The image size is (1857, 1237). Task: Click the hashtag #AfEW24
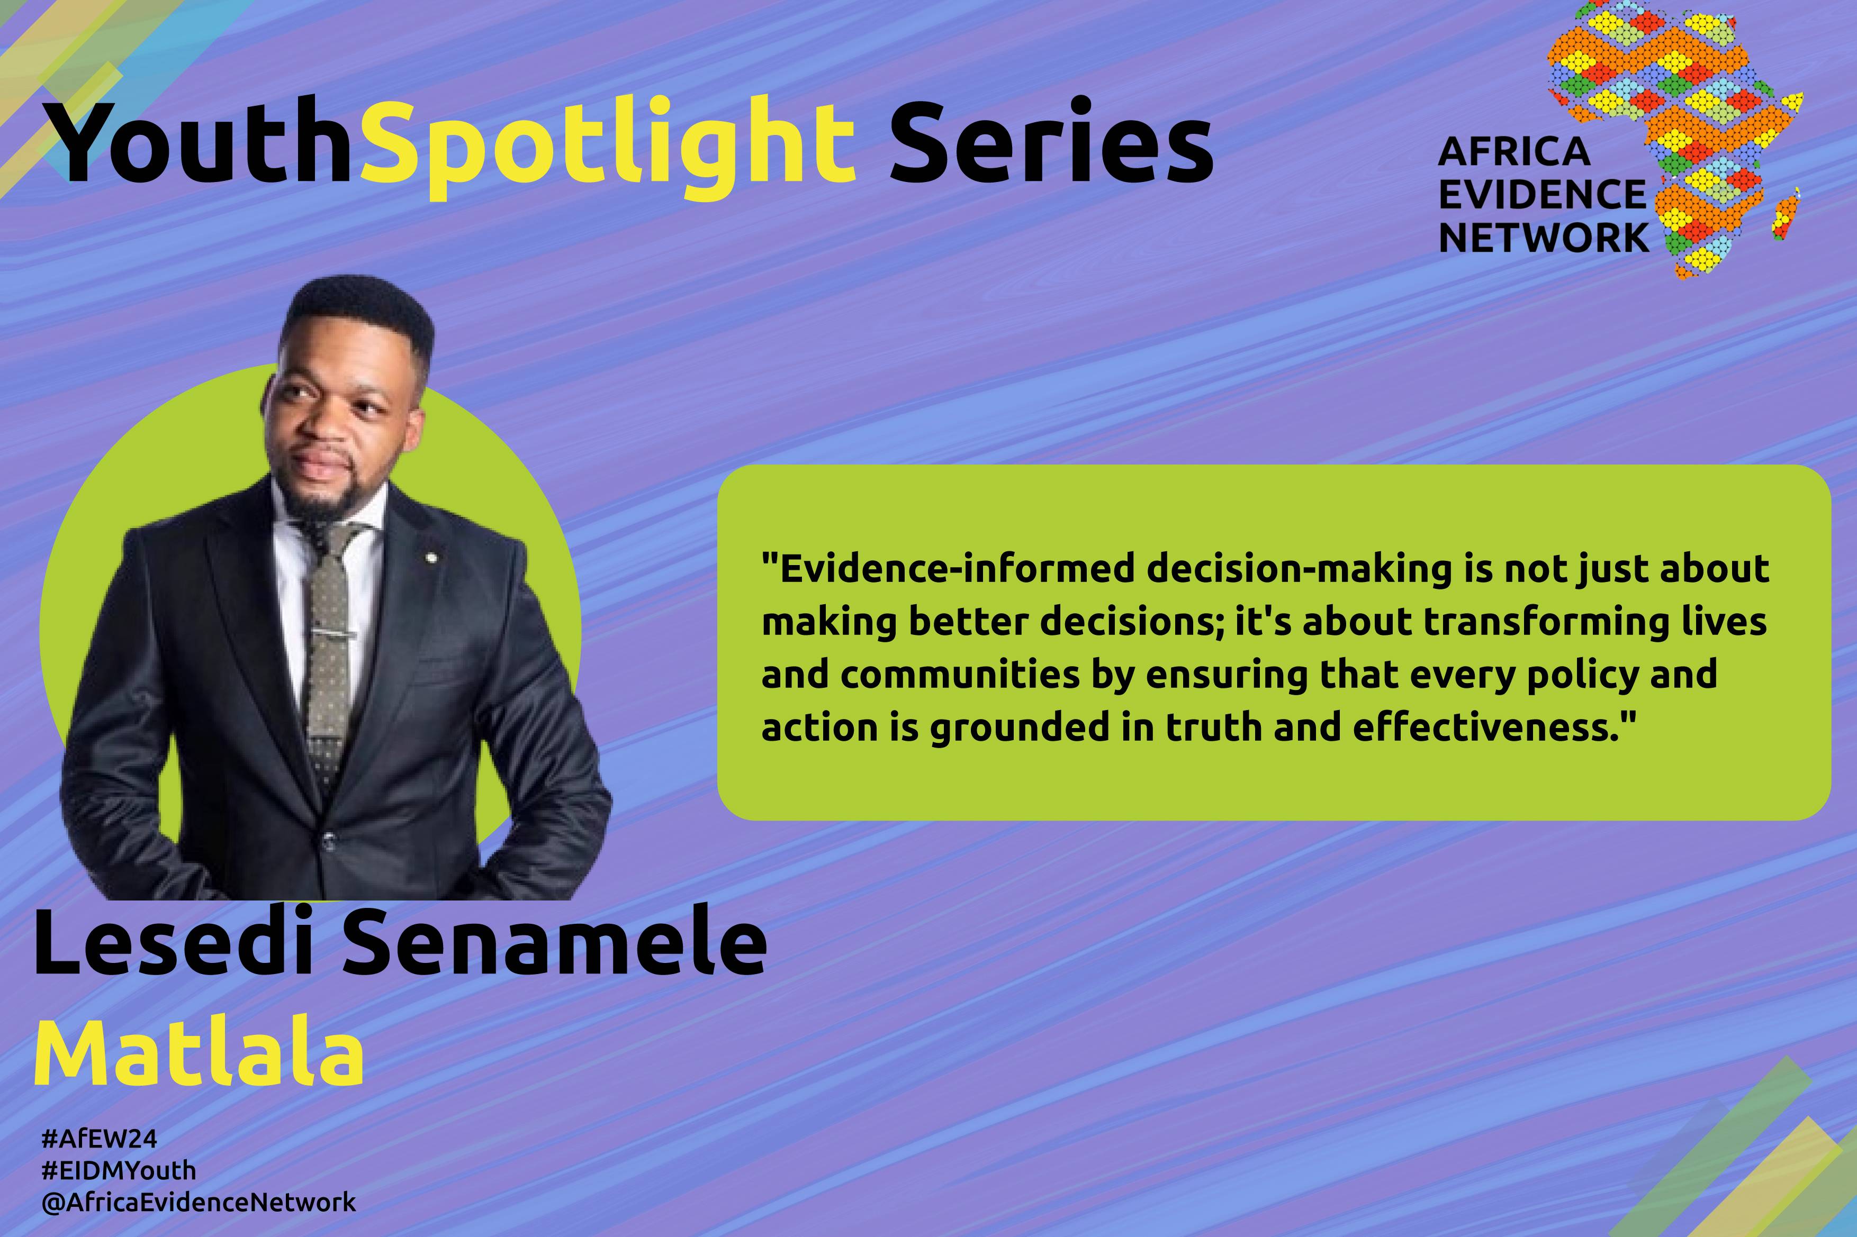[100, 1139]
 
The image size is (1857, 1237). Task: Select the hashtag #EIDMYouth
[119, 1171]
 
